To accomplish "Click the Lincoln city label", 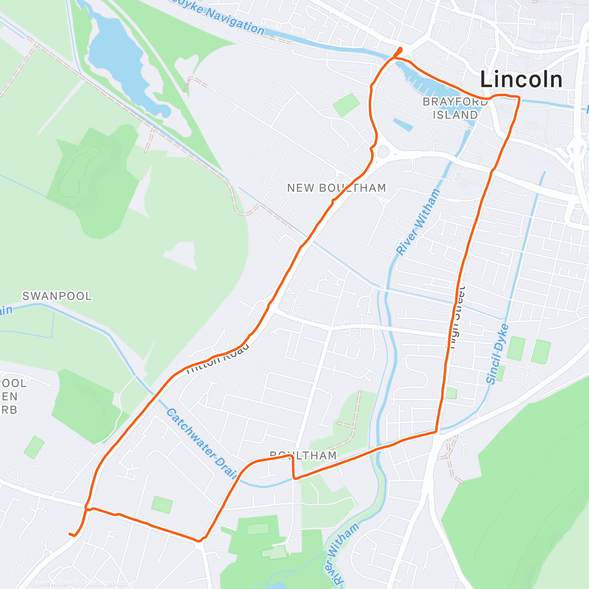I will click(521, 80).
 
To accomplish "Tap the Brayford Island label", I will click(455, 108).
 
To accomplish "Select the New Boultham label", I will click(336, 188).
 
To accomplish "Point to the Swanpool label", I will click(57, 296).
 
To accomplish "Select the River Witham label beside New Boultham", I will click(418, 222).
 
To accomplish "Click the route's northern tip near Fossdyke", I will click(400, 49).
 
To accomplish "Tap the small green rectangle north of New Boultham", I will click(346, 104).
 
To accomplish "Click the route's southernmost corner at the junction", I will click(200, 541).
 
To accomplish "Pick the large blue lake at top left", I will click(123, 64).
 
